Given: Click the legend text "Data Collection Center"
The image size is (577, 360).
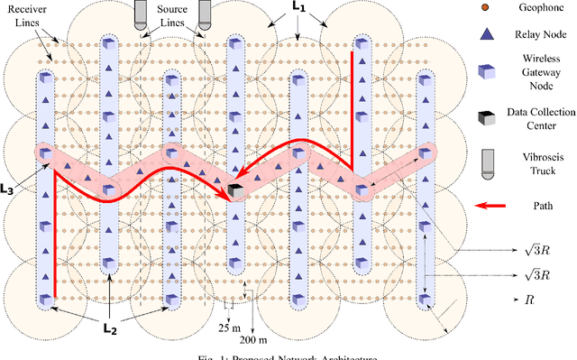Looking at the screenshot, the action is click(541, 117).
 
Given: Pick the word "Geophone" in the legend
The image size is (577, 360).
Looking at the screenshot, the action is click(541, 7).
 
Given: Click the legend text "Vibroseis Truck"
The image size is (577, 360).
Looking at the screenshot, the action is click(541, 161).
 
